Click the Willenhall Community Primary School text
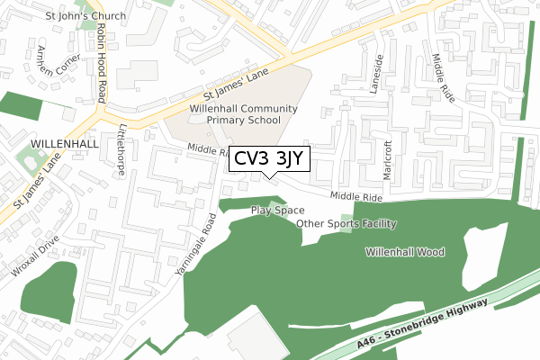235,113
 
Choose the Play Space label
277,210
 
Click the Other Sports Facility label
346,223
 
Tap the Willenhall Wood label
405,253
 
